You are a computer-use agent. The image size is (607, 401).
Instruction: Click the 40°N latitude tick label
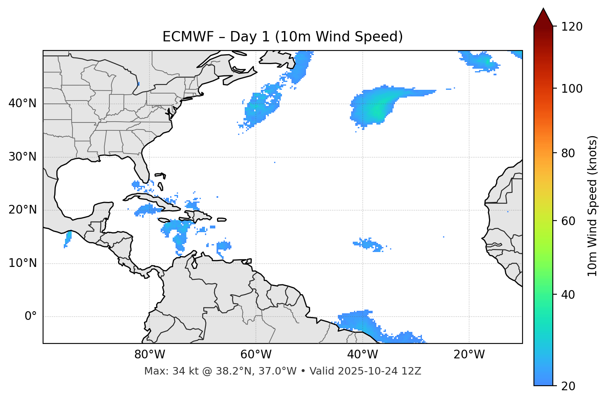point(22,103)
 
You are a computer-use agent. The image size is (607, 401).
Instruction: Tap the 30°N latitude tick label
point(22,157)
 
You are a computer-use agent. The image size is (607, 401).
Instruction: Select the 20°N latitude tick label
point(22,210)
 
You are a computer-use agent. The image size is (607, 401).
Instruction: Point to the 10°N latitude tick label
point(22,263)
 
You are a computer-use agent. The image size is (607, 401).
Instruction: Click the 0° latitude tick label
point(31,317)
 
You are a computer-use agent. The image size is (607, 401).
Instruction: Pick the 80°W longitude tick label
point(149,355)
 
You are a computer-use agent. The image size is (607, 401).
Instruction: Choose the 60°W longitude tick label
point(256,355)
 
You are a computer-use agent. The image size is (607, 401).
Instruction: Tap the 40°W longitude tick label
point(363,355)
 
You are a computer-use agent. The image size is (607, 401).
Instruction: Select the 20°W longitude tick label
point(469,355)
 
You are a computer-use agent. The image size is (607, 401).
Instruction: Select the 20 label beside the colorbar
point(568,386)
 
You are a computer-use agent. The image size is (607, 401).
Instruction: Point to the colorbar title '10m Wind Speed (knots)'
point(593,206)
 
